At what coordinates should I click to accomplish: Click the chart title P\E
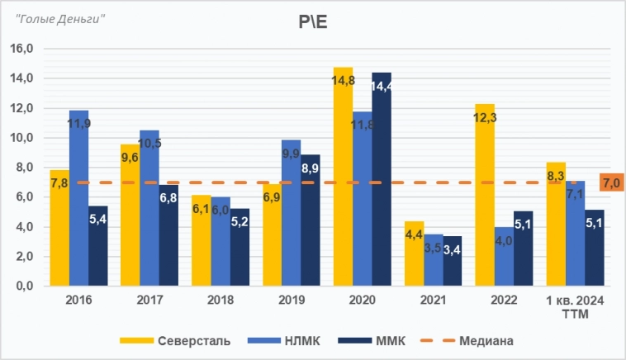(x=313, y=22)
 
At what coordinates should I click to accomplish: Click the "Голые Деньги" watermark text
(x=55, y=18)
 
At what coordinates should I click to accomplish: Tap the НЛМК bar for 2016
(x=79, y=198)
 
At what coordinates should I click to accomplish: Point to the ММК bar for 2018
(x=239, y=247)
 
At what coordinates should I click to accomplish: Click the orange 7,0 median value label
(x=611, y=182)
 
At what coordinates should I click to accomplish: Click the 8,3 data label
(x=556, y=176)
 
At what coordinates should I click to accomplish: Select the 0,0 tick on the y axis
(x=22, y=287)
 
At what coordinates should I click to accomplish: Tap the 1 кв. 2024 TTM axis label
(x=576, y=306)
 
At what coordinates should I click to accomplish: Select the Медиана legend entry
(x=478, y=339)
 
